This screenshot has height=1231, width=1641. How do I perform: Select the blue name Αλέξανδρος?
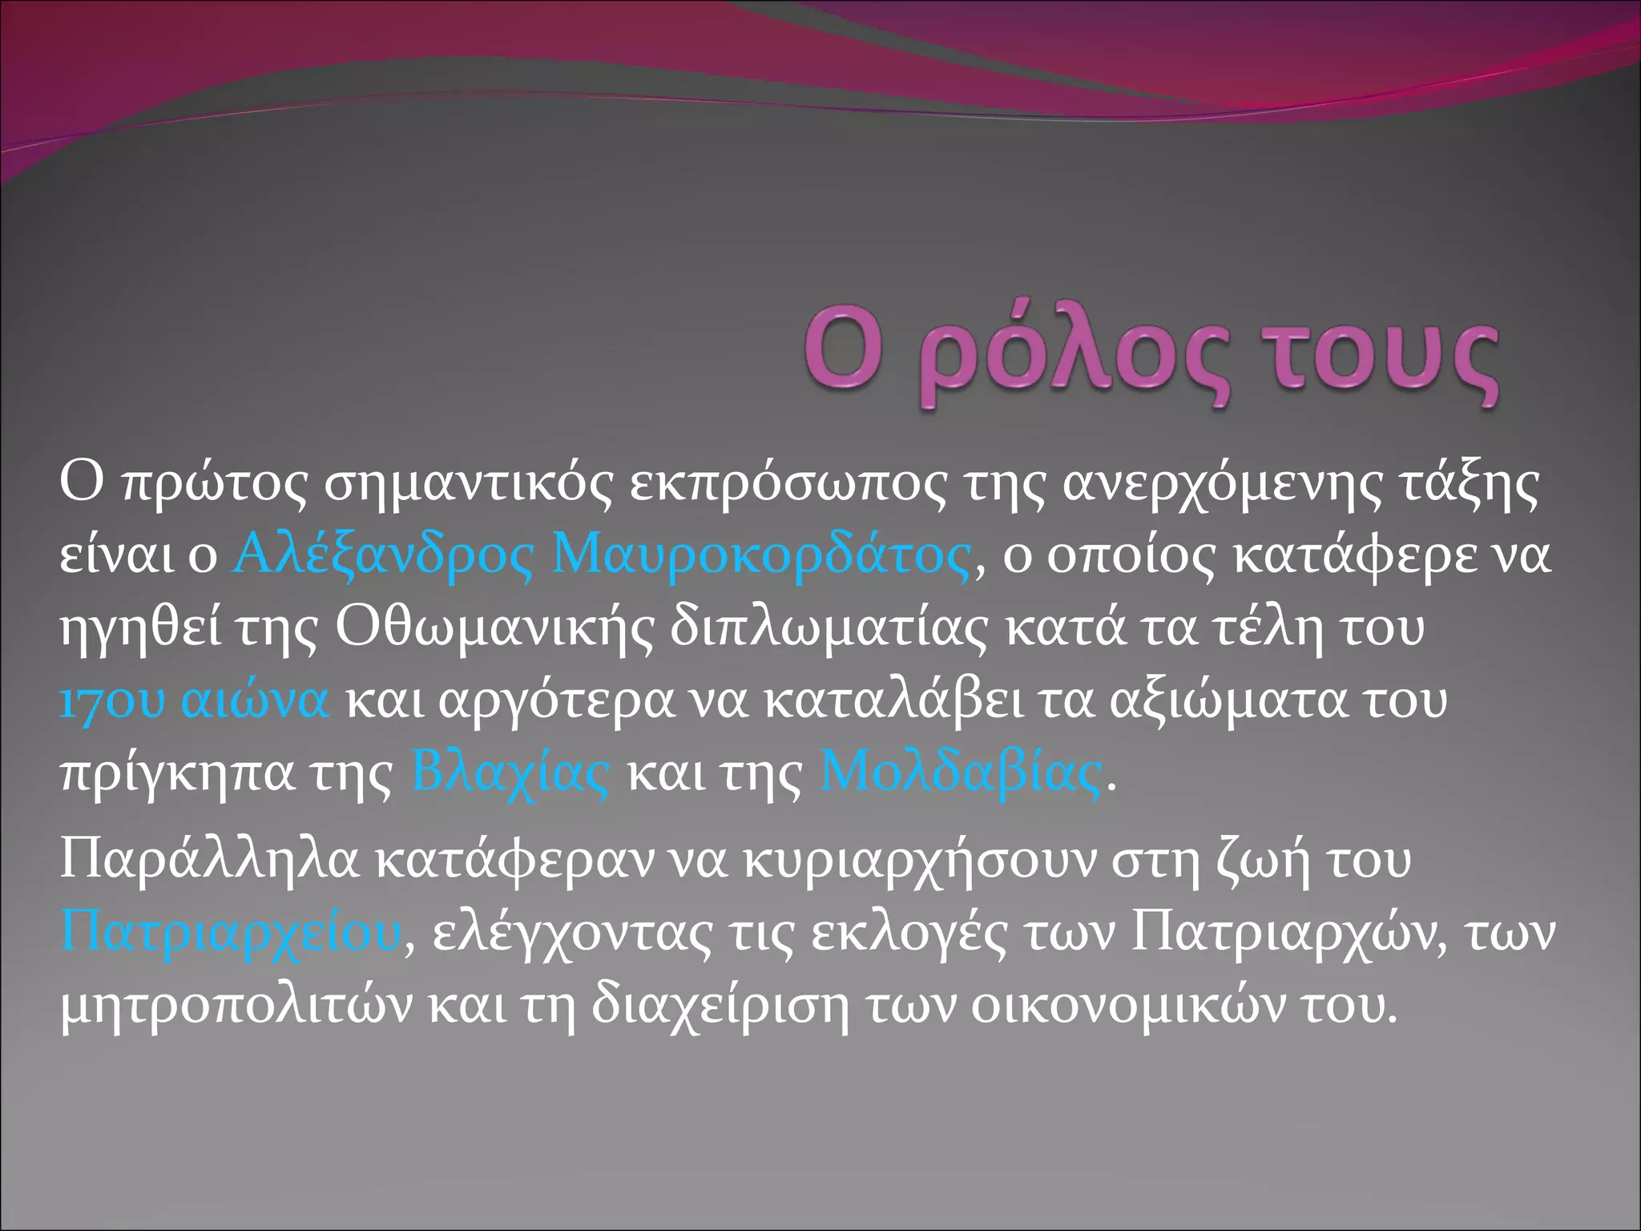(383, 555)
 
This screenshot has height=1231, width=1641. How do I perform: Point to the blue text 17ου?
(112, 700)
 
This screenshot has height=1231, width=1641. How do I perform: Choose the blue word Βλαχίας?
(510, 774)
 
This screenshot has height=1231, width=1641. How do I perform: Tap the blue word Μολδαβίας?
(960, 774)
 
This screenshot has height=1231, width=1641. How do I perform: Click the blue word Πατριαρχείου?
(231, 933)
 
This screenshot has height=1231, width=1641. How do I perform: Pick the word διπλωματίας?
(829, 628)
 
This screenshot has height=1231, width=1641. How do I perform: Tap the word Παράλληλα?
(210, 859)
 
